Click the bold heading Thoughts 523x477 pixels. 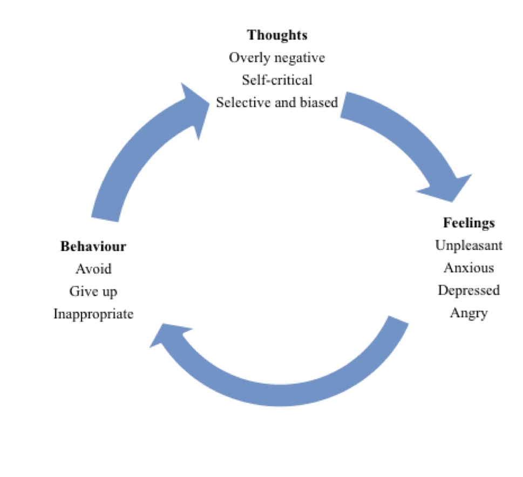click(277, 35)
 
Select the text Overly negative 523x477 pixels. click(277, 57)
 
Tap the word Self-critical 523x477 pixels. click(277, 80)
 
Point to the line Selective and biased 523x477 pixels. click(277, 102)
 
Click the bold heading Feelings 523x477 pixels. click(468, 223)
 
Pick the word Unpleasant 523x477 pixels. click(468, 246)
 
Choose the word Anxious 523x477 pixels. click(468, 268)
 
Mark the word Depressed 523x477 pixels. click(468, 290)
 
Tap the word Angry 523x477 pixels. click(468, 313)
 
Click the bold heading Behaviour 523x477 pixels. click(93, 247)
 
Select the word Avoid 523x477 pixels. click(93, 269)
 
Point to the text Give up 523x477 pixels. click(93, 291)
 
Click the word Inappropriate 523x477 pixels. click(93, 314)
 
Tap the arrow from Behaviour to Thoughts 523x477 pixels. click(135, 156)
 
